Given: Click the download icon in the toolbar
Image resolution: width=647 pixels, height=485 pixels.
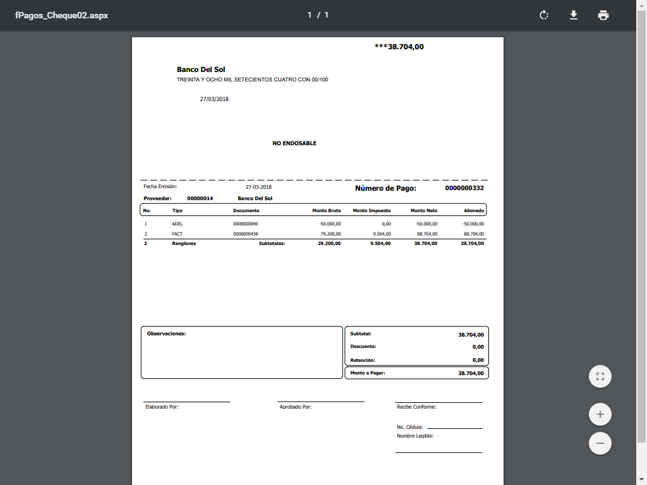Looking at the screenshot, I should pyautogui.click(x=574, y=15).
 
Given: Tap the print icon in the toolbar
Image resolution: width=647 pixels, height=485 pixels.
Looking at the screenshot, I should pyautogui.click(x=603, y=15).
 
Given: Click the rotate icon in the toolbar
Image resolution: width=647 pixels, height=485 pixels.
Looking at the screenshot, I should pyautogui.click(x=544, y=15).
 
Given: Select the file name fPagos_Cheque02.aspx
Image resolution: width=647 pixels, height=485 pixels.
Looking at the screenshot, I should pyautogui.click(x=62, y=15).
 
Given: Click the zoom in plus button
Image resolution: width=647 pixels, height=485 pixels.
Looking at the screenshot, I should pyautogui.click(x=600, y=415).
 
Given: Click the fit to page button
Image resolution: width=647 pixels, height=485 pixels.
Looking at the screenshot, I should pyautogui.click(x=600, y=377).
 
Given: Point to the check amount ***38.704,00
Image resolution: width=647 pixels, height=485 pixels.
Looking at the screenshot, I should pyautogui.click(x=399, y=47).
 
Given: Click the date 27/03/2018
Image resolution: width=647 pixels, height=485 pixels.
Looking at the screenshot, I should pyautogui.click(x=214, y=99).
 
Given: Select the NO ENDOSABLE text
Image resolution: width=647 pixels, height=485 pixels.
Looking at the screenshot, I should pyautogui.click(x=294, y=143).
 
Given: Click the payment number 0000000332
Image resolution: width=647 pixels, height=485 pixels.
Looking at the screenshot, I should pyautogui.click(x=464, y=188).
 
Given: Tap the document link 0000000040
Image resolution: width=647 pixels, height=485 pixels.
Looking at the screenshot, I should pyautogui.click(x=245, y=224).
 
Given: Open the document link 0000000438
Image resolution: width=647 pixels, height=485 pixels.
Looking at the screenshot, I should pyautogui.click(x=245, y=234).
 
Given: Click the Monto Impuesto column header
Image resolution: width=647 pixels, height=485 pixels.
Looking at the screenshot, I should pyautogui.click(x=372, y=211).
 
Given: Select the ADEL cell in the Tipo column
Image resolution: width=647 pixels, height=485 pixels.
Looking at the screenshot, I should pyautogui.click(x=177, y=224).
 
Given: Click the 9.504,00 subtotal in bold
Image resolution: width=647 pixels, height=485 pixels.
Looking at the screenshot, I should pyautogui.click(x=380, y=244).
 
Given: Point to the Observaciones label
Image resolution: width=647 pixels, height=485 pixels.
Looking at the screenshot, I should pyautogui.click(x=166, y=333).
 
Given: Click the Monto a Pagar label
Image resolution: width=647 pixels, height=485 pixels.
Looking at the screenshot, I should pyautogui.click(x=368, y=373).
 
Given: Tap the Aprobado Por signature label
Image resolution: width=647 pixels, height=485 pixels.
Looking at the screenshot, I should pyautogui.click(x=295, y=407).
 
